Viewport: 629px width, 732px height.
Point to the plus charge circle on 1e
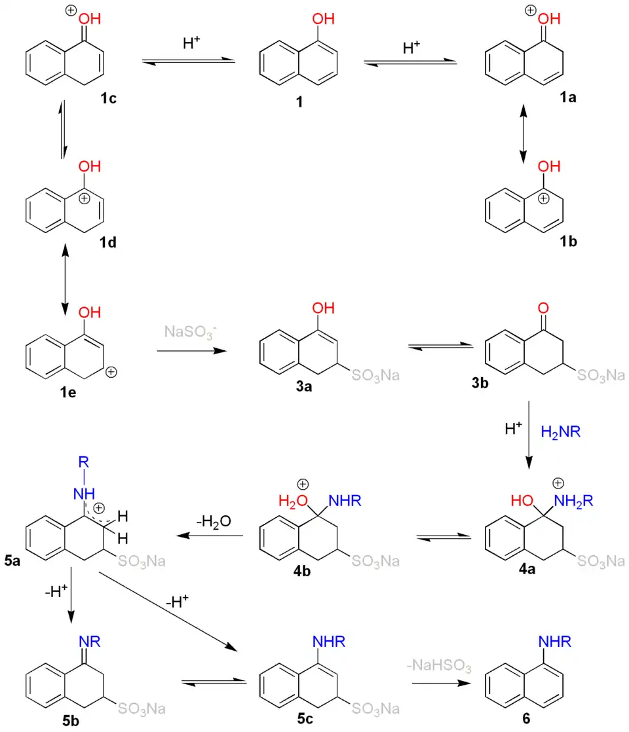pos(111,372)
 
